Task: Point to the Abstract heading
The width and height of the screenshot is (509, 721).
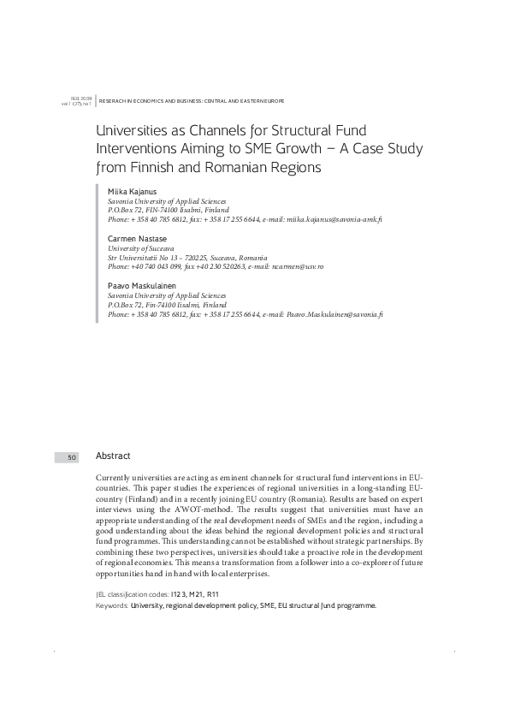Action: tap(113, 456)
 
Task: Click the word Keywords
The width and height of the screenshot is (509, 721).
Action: tap(113, 605)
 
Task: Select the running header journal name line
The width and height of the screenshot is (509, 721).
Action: tap(192, 100)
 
